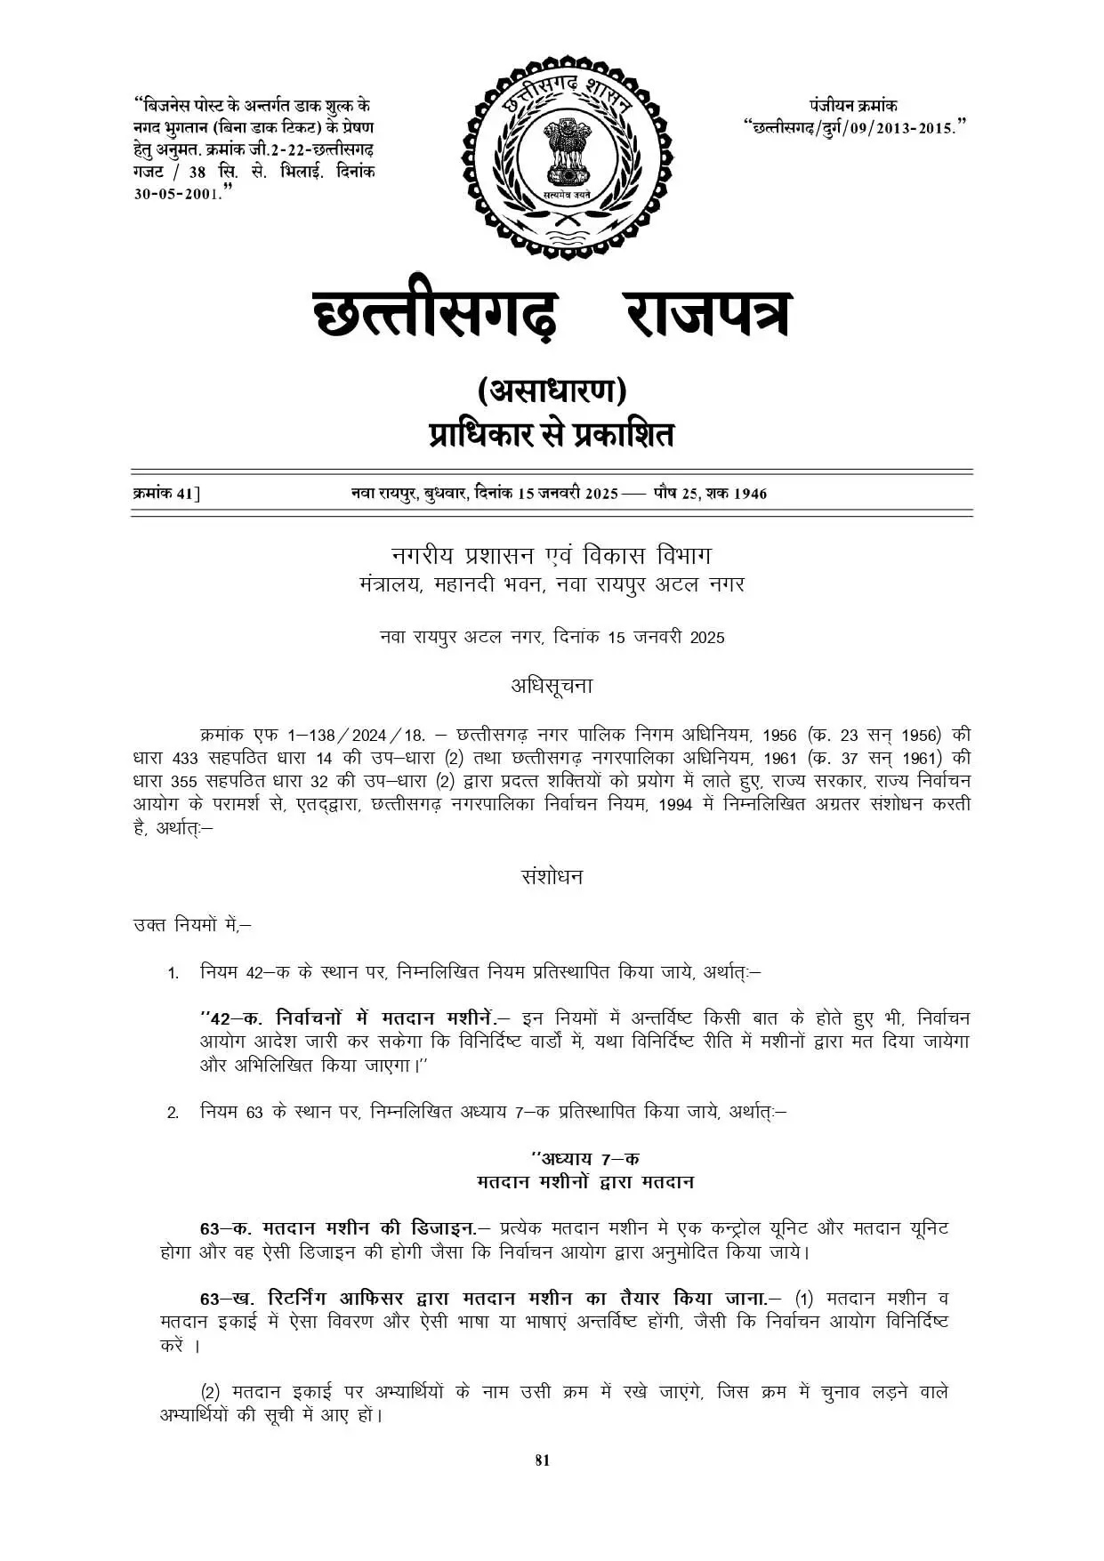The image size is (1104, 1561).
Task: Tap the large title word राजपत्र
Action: [707, 316]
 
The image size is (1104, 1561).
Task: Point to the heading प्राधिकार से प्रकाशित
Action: [552, 435]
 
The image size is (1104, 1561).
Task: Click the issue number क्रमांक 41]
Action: [166, 494]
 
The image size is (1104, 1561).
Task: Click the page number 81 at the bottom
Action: [543, 1460]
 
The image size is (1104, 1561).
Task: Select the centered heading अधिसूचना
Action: [552, 686]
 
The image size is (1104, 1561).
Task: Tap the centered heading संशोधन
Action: [552, 877]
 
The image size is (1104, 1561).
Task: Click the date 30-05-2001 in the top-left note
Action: [177, 195]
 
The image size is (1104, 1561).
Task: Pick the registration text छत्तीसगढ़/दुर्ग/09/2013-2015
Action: [853, 127]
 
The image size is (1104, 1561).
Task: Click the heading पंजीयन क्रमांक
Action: [853, 105]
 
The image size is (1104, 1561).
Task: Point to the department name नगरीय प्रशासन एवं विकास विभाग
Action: [552, 556]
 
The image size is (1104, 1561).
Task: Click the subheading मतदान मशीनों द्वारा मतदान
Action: [584, 1182]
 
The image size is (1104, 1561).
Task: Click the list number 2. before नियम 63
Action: [173, 1113]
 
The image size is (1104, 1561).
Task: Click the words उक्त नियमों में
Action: [189, 925]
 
